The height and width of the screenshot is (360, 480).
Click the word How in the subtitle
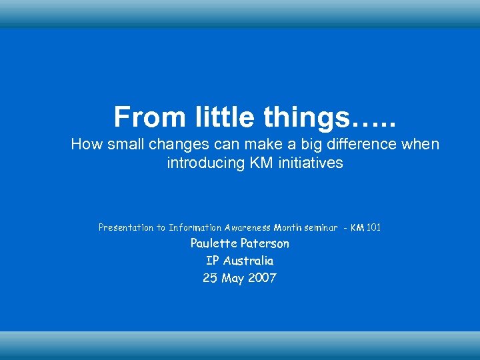pyautogui.click(x=85, y=144)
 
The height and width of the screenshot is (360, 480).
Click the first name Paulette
pyautogui.click(x=213, y=243)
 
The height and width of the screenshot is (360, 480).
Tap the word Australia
pyautogui.click(x=248, y=261)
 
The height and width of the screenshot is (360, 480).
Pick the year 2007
pyautogui.click(x=262, y=278)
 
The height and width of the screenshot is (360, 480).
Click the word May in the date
pyautogui.click(x=233, y=279)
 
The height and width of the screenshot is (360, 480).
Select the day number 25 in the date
pyautogui.click(x=210, y=278)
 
